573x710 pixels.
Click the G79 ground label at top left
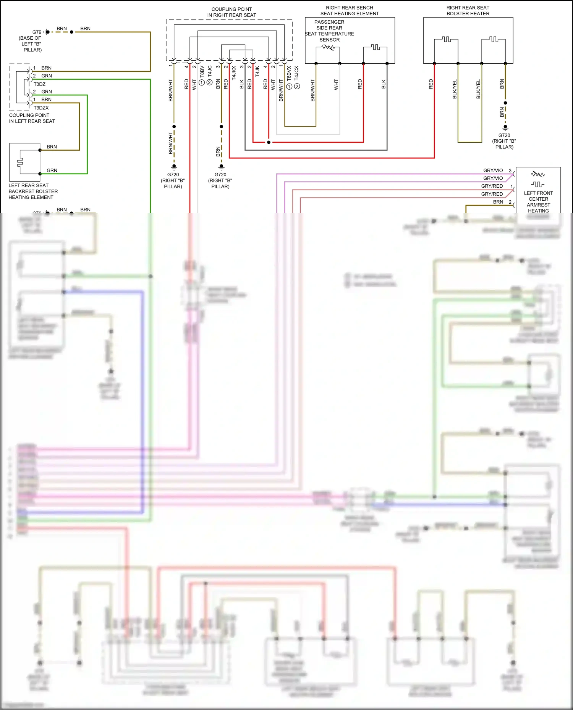pyautogui.click(x=37, y=32)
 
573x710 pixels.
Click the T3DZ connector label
pyautogui.click(x=39, y=84)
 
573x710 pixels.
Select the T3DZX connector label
pyautogui.click(x=41, y=108)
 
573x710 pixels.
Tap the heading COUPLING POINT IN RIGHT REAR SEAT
pyautogui.click(x=231, y=12)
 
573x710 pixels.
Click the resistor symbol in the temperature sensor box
pyautogui.click(x=328, y=47)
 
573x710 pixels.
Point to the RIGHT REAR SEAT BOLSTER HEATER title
pyautogui.click(x=468, y=11)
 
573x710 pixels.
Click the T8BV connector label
pyautogui.click(x=202, y=71)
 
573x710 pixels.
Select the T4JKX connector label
pyautogui.click(x=234, y=72)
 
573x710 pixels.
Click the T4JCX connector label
pyautogui.click(x=297, y=72)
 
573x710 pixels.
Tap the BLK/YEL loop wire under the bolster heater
pyautogui.click(x=470, y=142)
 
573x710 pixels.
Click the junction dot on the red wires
pyautogui.click(x=269, y=142)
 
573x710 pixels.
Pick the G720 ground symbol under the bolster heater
pyautogui.click(x=505, y=127)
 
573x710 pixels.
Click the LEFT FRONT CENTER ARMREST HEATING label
pyautogui.click(x=538, y=202)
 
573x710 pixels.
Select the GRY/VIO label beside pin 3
pyautogui.click(x=493, y=171)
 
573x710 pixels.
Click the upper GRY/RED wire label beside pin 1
pyautogui.click(x=492, y=186)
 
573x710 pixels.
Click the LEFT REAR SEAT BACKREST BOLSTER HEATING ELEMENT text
pyautogui.click(x=33, y=191)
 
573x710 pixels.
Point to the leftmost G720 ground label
pyautogui.click(x=173, y=175)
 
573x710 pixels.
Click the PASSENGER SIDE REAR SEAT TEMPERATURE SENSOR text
pyautogui.click(x=329, y=31)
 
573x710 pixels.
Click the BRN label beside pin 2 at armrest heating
pyautogui.click(x=498, y=202)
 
